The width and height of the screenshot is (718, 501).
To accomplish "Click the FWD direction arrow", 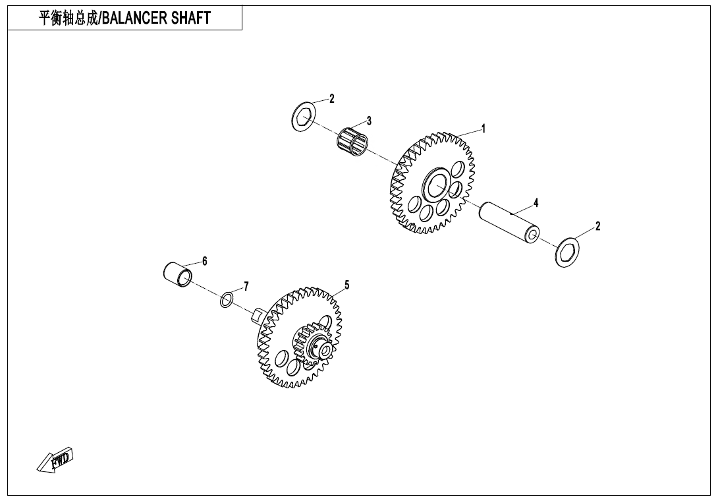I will click(55, 460).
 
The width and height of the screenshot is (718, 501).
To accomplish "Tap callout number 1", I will click(483, 129).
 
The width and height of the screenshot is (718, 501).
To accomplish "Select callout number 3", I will click(369, 121).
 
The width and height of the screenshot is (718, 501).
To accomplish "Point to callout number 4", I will click(536, 203).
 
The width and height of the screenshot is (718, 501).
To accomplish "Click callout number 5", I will click(346, 285).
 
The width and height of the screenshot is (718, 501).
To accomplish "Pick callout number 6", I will click(204, 261).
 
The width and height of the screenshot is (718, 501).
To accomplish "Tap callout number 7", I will click(246, 286).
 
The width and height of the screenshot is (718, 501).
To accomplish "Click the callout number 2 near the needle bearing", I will click(332, 99).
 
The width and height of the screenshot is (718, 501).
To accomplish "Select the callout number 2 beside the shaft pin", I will click(597, 227).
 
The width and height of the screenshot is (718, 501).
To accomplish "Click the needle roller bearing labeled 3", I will click(352, 141).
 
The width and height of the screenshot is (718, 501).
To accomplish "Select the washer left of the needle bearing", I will click(302, 118).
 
